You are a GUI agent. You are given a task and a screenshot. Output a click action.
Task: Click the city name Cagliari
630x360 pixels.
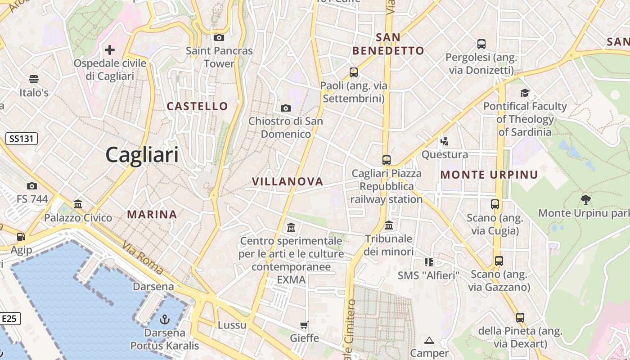pos(142,155)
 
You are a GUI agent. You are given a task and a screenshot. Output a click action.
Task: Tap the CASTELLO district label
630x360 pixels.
pos(198,106)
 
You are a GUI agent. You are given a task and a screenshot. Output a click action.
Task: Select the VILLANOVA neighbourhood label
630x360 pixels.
pos(288,181)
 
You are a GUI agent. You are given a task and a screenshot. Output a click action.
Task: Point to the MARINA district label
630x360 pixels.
pos(152,214)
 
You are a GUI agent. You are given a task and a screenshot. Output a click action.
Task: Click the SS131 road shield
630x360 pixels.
pos(22,139)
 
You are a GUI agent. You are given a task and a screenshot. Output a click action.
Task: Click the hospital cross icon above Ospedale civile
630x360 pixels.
pos(110,49)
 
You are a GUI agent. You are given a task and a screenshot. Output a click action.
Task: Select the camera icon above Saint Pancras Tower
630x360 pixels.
pos(219,37)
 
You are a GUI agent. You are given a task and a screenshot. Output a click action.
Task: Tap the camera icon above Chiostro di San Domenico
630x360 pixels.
pos(285,108)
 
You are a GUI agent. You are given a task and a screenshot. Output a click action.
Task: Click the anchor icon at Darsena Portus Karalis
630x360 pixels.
pos(165,319)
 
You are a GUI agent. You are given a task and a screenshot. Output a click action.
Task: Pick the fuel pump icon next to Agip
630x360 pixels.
pos(21,236)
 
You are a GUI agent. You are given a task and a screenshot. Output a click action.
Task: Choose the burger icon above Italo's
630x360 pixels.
pos(34,79)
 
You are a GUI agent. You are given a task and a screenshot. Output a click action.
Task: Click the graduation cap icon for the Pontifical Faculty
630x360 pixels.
pos(525,93)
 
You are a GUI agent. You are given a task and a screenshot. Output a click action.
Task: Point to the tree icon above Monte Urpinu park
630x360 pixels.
pos(585,199)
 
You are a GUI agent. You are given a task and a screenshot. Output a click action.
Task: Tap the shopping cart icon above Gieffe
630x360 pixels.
pos(304,325)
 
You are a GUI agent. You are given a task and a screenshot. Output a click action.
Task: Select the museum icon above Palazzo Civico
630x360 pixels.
pos(78,204)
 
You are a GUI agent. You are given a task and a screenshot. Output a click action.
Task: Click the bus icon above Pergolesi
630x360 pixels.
pos(481,44)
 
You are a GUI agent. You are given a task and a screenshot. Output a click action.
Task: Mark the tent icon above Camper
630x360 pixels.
pos(429,340)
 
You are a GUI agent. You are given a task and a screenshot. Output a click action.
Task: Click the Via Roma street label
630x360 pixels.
pos(142,257)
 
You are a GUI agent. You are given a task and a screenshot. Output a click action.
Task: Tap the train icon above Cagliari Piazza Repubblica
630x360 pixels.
pos(386,160)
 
